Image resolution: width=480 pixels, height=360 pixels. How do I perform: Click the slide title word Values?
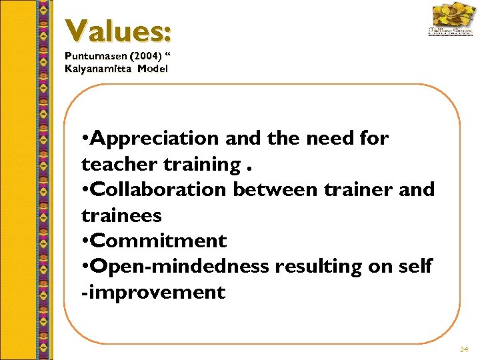[x=119, y=31]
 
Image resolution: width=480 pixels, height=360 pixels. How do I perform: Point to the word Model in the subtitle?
[x=154, y=69]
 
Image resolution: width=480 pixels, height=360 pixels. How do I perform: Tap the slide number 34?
[x=464, y=349]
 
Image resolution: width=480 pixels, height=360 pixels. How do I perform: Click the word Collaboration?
[x=159, y=189]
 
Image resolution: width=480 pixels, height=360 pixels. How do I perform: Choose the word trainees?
[x=121, y=215]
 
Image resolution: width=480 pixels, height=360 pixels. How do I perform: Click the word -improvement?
[x=153, y=292]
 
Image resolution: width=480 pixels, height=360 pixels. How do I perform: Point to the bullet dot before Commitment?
[x=85, y=241]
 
